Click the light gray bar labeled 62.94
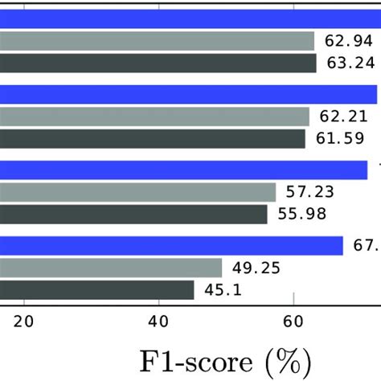tap(157, 41)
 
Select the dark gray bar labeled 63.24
tap(158, 63)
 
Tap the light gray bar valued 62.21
tap(154, 117)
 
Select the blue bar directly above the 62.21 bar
tap(188, 94)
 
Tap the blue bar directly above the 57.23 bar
tap(183, 170)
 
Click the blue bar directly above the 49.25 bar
tap(171, 245)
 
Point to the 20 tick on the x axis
tap(25, 322)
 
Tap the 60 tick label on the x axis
tap(293, 322)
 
